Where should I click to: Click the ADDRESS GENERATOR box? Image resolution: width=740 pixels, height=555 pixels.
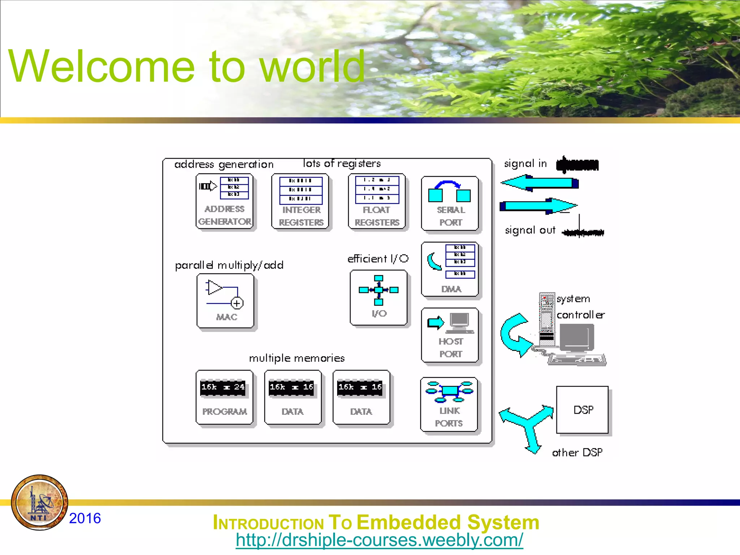pyautogui.click(x=224, y=202)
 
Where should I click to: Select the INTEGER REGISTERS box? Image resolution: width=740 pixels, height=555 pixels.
pyautogui.click(x=300, y=202)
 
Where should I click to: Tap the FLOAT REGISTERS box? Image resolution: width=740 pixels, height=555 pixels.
pyautogui.click(x=377, y=202)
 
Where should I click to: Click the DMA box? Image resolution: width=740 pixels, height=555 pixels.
pyautogui.click(x=450, y=270)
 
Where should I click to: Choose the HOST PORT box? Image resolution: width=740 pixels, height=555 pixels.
pyautogui.click(x=450, y=335)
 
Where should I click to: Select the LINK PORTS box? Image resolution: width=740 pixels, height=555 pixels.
pyautogui.click(x=449, y=405)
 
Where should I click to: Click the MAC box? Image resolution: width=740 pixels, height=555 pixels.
pyautogui.click(x=225, y=301)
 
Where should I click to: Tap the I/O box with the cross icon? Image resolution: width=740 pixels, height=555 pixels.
pyautogui.click(x=379, y=297)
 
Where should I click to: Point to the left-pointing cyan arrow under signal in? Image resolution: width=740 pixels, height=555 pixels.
pyautogui.click(x=539, y=183)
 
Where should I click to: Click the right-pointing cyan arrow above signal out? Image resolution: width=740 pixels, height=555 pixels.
pyautogui.click(x=539, y=206)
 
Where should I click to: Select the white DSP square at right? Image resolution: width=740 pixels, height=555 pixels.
pyautogui.click(x=582, y=410)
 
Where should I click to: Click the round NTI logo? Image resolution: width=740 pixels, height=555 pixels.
pyautogui.click(x=40, y=503)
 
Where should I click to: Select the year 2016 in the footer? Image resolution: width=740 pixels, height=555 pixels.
pyautogui.click(x=85, y=519)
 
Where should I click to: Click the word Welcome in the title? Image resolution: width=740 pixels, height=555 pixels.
pyautogui.click(x=102, y=66)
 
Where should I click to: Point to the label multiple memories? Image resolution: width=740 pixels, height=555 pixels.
pyautogui.click(x=297, y=358)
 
